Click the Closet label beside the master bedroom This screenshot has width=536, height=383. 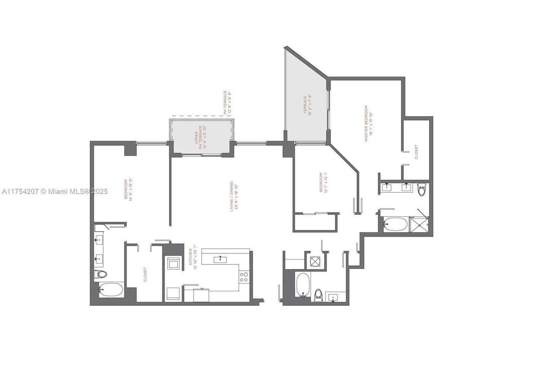tap(416, 152)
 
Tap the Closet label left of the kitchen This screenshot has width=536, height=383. tap(145, 274)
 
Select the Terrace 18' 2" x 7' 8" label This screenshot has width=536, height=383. tap(307, 105)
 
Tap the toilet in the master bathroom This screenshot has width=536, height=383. tap(421, 190)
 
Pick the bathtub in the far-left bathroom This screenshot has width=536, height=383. tap(112, 290)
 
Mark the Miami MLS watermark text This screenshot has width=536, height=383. tap(55, 191)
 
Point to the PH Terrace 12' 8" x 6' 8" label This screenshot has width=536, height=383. tap(227, 102)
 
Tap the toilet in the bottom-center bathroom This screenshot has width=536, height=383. tap(319, 295)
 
